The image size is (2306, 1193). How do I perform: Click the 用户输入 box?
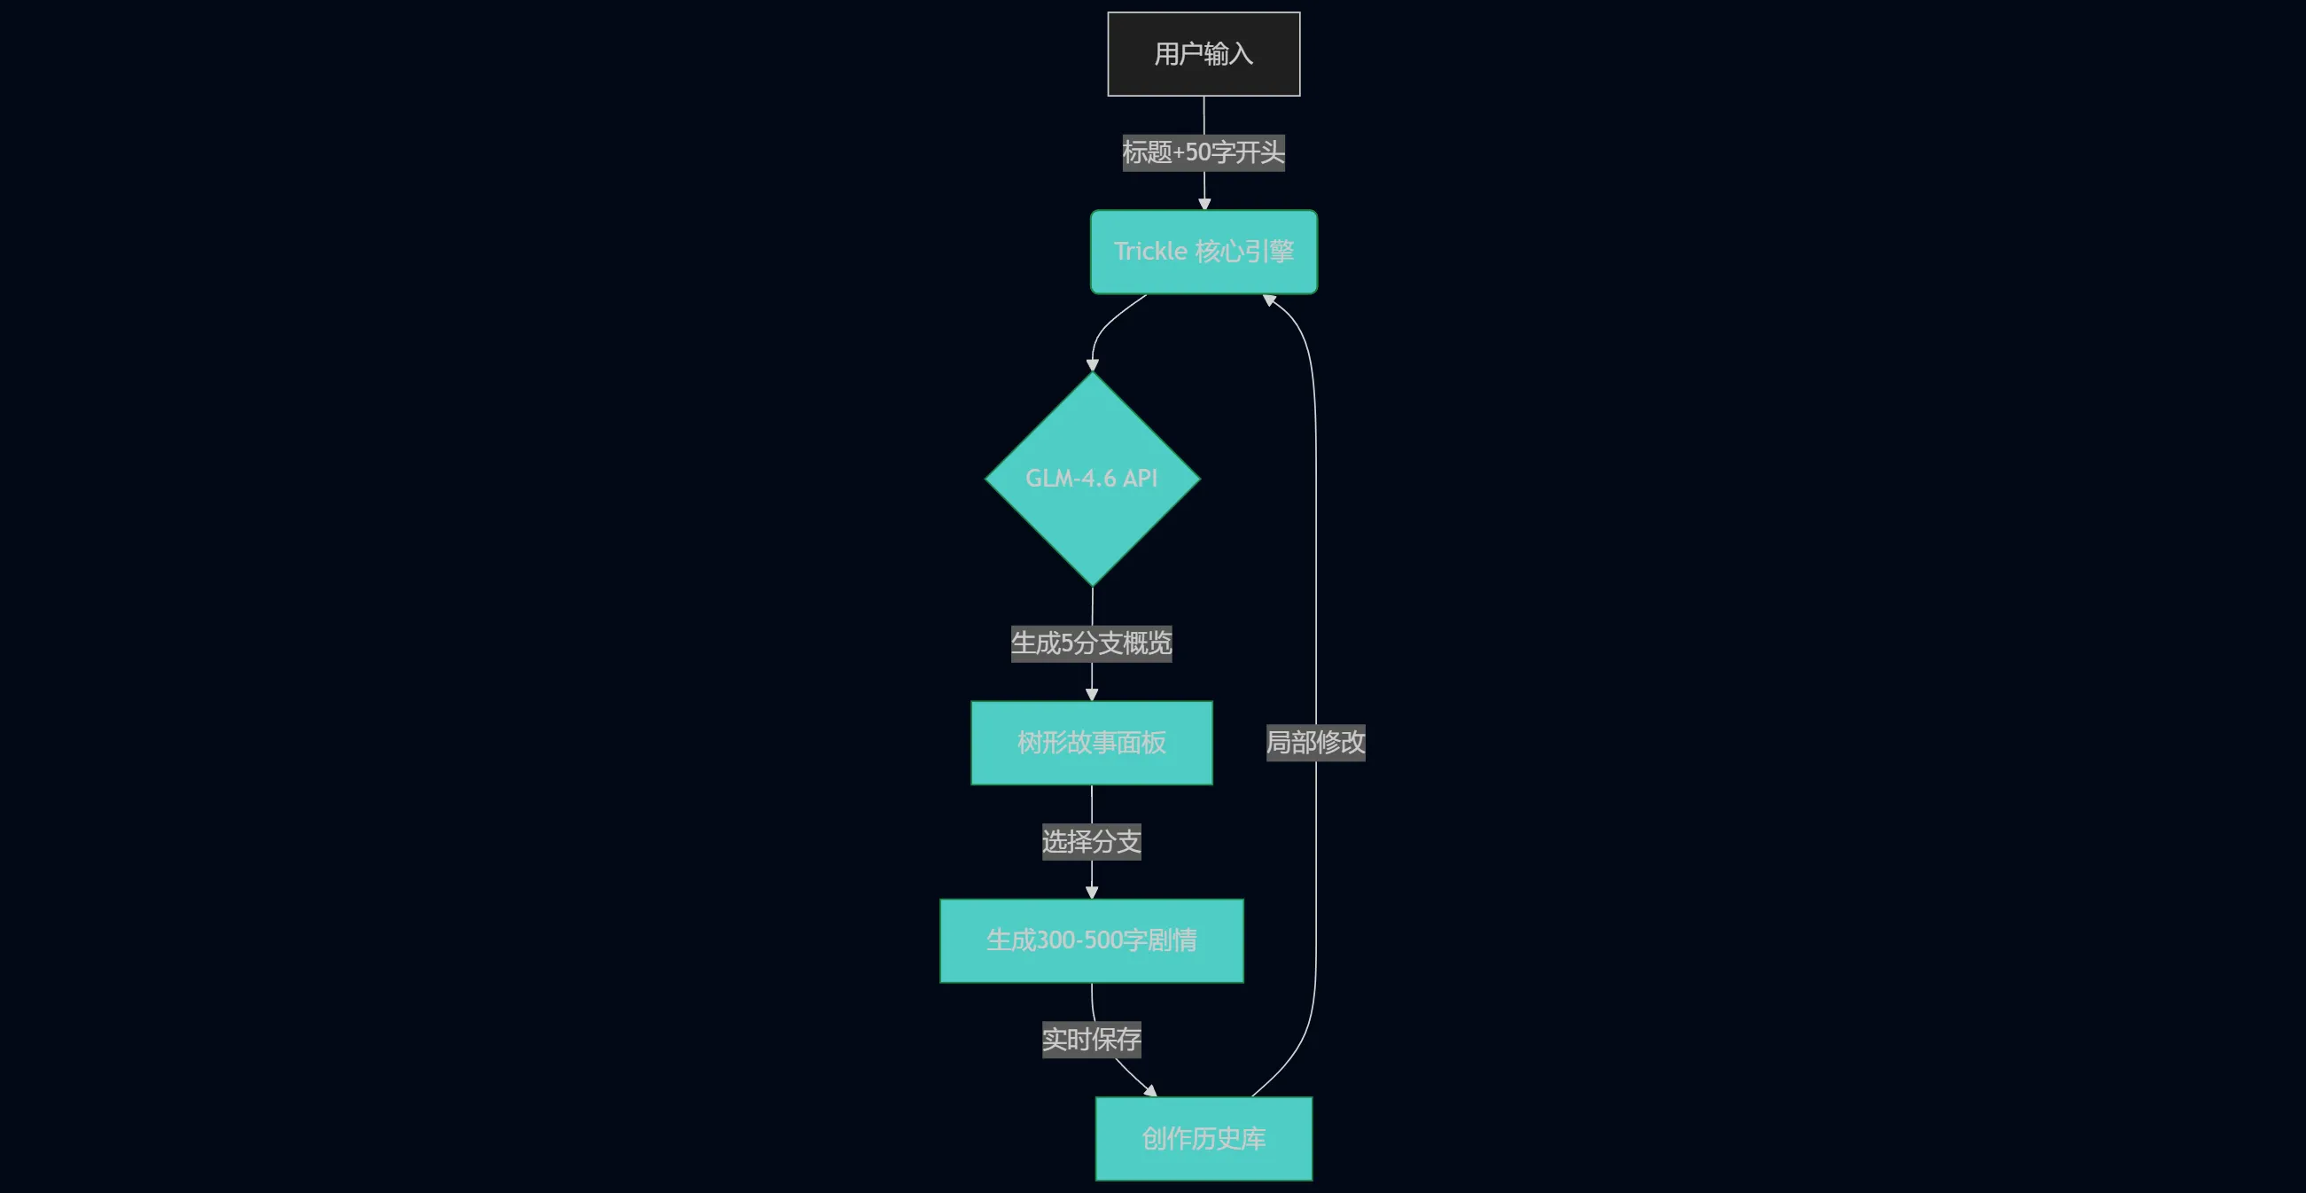[1204, 54]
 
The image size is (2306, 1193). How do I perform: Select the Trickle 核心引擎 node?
[1204, 252]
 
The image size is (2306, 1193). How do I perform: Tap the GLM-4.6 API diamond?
[1092, 479]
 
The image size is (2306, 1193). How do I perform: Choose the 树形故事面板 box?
[1091, 743]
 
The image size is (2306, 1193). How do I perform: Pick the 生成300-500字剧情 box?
[1091, 940]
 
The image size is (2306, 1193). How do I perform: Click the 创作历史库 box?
[1204, 1138]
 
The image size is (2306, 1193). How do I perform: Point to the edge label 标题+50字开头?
[1204, 153]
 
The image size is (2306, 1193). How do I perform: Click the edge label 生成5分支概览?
[1091, 643]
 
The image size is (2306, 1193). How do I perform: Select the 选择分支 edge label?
[1091, 841]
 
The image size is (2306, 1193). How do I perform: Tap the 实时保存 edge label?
[1091, 1040]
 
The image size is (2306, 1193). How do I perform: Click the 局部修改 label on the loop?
[1315, 743]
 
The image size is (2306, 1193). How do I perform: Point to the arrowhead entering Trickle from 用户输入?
[1204, 204]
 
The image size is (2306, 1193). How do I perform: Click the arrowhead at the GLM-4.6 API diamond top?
[1092, 364]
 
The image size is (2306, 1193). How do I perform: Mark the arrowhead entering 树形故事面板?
[1091, 695]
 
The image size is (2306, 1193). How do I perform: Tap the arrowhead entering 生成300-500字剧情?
[1091, 893]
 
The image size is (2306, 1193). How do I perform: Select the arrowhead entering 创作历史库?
[1150, 1090]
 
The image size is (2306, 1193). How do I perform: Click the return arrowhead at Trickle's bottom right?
[1269, 300]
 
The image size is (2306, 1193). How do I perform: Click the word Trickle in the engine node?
[1150, 252]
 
